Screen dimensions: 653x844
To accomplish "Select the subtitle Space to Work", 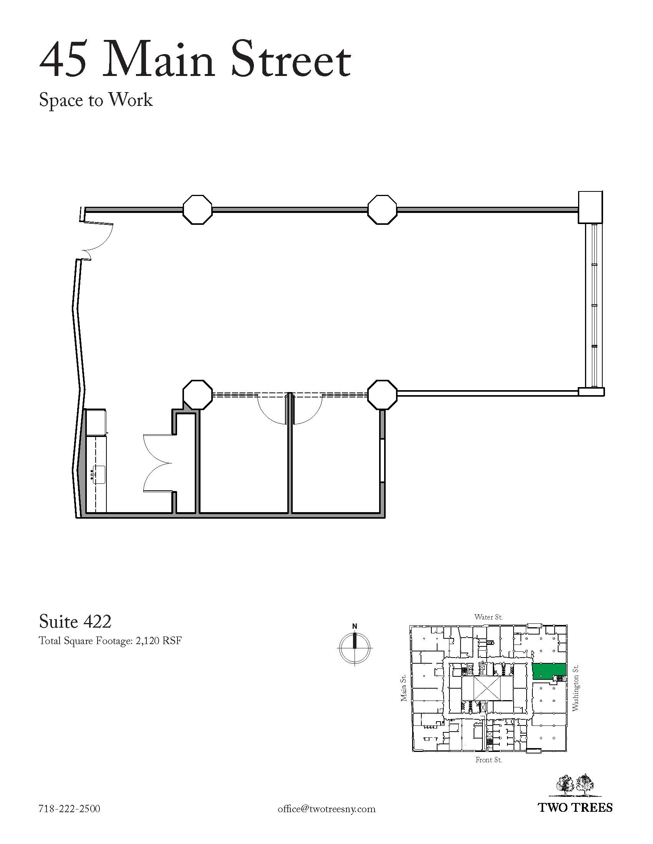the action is [x=96, y=100].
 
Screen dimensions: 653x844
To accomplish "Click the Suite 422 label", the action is [x=75, y=621].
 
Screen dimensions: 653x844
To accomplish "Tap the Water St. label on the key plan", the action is [x=489, y=617].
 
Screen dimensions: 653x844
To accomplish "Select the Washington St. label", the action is [x=575, y=688].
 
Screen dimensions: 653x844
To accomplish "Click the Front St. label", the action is [x=489, y=760].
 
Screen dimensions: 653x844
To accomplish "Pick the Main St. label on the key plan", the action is [x=403, y=688].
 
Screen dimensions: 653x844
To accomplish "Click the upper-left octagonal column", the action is [x=197, y=209].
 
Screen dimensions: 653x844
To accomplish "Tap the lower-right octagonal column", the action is [x=382, y=394].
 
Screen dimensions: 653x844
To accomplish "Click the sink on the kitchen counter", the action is [x=98, y=475].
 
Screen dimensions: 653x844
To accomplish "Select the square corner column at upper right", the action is [x=590, y=207].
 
